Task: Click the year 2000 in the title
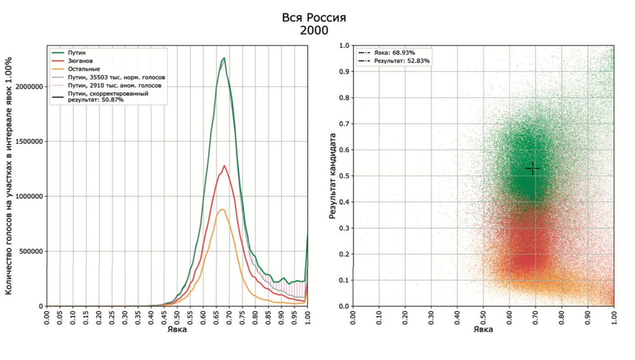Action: point(314,31)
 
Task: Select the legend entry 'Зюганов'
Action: point(80,61)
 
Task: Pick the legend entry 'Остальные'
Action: point(84,69)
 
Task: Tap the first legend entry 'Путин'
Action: point(76,53)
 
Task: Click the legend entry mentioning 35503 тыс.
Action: point(116,77)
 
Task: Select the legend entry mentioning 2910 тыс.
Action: point(115,85)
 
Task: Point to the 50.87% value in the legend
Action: point(112,100)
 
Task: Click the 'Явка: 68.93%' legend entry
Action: point(394,53)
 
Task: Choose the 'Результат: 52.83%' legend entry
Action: point(402,61)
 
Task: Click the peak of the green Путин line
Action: point(224,58)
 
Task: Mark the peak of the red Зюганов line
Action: point(224,165)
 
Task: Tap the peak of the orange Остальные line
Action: point(222,209)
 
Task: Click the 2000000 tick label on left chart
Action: point(29,87)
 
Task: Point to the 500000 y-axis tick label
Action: point(31,251)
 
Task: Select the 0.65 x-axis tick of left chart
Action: point(216,318)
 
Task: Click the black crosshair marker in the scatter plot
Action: point(532,168)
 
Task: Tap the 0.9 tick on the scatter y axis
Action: point(344,72)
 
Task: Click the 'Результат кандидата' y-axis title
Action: point(332,176)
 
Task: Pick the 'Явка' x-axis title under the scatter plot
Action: point(483,329)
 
